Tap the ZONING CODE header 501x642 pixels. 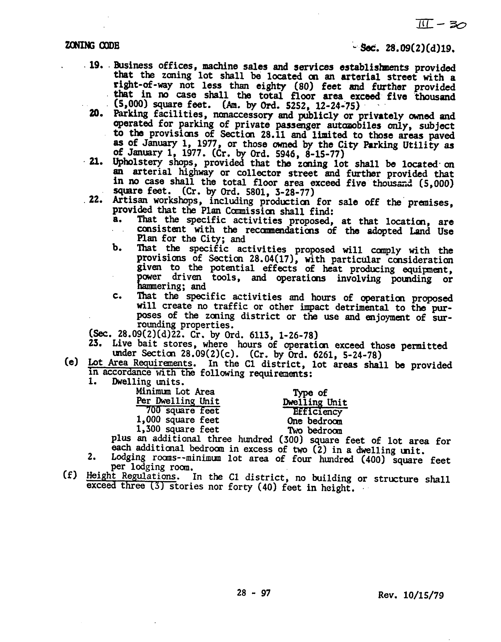click(x=92, y=46)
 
